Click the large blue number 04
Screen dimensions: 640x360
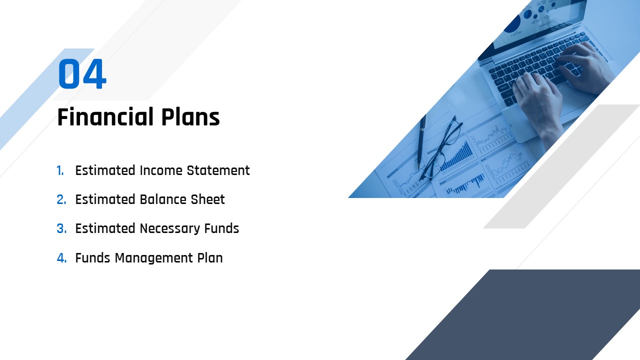(82, 73)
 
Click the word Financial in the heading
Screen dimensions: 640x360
(105, 116)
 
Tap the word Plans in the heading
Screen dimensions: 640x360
(190, 116)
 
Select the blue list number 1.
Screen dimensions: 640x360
(60, 170)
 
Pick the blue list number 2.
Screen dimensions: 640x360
(61, 199)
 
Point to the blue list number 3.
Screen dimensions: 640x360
(61, 228)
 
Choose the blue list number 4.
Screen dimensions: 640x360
(61, 257)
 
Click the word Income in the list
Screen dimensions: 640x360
(161, 170)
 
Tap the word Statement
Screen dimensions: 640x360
(218, 170)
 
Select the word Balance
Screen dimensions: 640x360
(163, 199)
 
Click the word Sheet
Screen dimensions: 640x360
(207, 199)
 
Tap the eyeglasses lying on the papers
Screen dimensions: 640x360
(441, 148)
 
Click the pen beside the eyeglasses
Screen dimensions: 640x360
(421, 142)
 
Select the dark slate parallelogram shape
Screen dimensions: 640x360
(522, 314)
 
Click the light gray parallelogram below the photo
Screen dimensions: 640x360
(561, 166)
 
